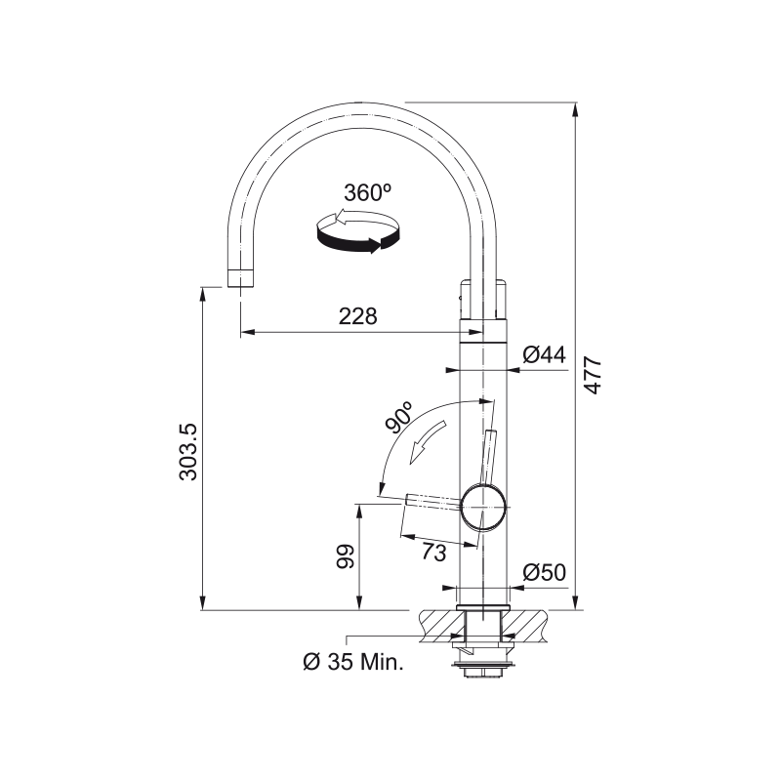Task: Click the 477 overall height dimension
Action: point(593,375)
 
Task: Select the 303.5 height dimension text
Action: point(189,451)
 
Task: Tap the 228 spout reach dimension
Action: point(357,316)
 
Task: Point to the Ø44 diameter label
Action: point(544,355)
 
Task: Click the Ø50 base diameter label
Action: point(544,572)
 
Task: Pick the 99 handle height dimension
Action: point(344,558)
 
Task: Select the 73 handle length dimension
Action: point(433,552)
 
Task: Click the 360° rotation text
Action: point(367,193)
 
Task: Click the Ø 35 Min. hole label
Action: point(352,662)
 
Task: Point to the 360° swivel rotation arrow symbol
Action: point(358,233)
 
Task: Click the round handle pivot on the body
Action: point(484,507)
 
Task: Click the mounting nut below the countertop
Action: point(483,669)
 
